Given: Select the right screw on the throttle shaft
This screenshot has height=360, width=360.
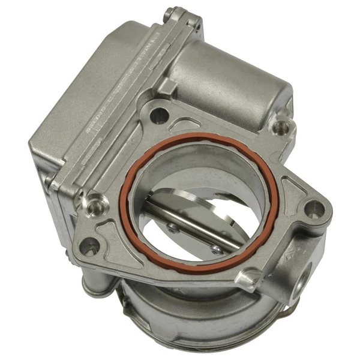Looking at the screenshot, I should [215, 248].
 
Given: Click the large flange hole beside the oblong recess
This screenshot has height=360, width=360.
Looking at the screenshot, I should [158, 115].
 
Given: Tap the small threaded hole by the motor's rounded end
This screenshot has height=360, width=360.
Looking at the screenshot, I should [280, 127].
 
